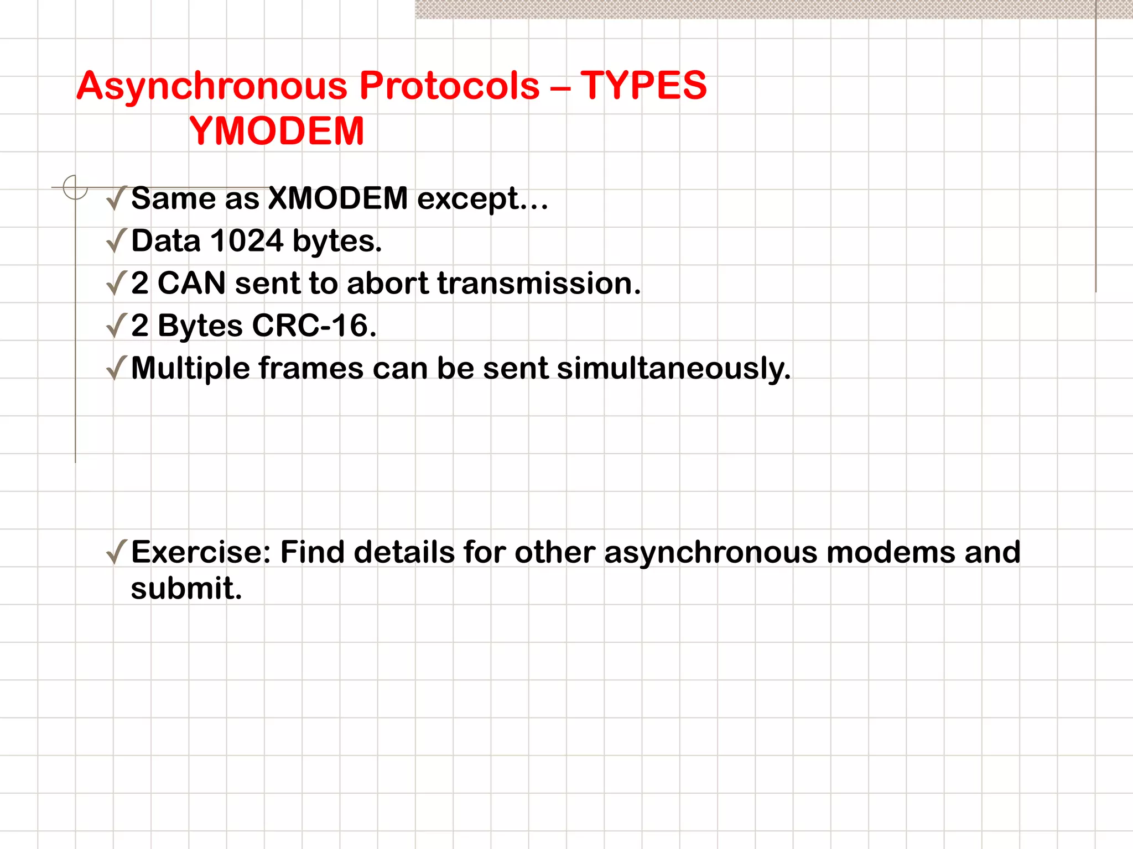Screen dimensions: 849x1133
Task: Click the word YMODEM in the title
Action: click(277, 131)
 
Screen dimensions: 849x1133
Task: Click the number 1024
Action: click(247, 241)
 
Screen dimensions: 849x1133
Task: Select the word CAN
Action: click(191, 283)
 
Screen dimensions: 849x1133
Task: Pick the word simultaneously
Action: click(673, 369)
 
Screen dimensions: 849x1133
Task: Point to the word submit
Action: click(186, 588)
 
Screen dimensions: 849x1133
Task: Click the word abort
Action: click(387, 283)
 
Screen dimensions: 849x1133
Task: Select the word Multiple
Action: click(190, 369)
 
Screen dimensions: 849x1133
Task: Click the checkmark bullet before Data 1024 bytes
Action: click(116, 241)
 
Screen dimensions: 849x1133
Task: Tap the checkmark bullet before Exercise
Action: click(116, 552)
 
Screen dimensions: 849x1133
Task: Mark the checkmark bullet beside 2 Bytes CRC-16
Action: click(116, 326)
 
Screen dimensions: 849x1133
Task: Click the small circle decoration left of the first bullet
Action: click(75, 187)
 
